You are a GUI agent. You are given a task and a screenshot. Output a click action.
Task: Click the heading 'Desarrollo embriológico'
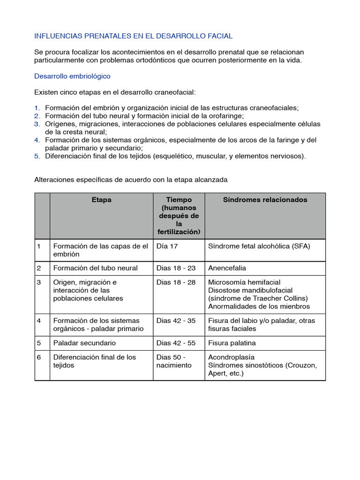click(x=72, y=76)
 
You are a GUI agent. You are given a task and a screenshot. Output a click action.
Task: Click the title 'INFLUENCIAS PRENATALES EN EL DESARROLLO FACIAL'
click(x=133, y=36)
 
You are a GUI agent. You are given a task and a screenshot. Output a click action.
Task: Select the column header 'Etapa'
click(x=101, y=200)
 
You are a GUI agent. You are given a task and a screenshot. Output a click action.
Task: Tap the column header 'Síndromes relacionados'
click(x=265, y=200)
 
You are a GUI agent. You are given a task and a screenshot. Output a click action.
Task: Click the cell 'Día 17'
click(x=167, y=246)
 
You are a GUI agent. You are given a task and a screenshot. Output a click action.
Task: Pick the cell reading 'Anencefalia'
click(x=227, y=268)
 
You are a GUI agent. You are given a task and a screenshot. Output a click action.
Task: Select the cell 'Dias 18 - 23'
click(x=176, y=268)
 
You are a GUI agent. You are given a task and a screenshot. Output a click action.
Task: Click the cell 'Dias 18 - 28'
click(x=176, y=282)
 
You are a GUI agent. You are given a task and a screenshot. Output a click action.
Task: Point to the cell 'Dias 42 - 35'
click(x=176, y=321)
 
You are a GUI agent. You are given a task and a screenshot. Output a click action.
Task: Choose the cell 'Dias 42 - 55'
click(x=176, y=343)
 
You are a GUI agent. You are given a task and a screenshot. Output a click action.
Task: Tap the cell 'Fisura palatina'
click(x=232, y=343)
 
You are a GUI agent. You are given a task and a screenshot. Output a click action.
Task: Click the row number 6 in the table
click(x=39, y=357)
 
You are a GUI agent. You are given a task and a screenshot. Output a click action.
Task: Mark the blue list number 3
click(x=37, y=124)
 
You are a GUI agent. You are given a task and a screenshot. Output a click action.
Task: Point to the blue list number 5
click(x=37, y=156)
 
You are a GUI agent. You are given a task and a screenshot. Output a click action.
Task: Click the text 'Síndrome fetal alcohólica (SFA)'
click(x=259, y=246)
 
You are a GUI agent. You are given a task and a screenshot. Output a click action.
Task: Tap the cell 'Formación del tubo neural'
click(x=96, y=268)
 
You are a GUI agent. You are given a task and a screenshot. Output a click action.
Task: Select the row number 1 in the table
click(x=39, y=246)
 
